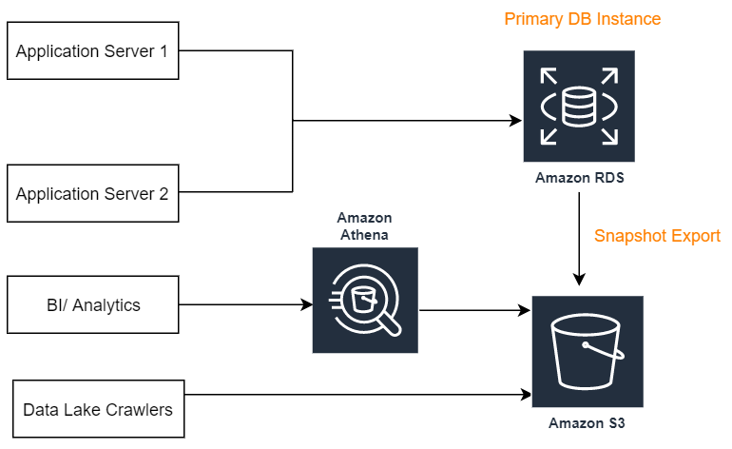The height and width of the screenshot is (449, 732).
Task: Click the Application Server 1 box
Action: (92, 51)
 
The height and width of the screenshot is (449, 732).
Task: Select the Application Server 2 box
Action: (92, 194)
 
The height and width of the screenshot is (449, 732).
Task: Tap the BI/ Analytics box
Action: (92, 305)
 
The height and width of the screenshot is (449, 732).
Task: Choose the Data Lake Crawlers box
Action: (98, 410)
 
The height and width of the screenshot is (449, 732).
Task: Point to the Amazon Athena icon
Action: (365, 301)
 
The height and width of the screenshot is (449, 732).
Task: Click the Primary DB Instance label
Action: (582, 19)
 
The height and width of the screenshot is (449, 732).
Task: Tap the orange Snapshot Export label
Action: (657, 236)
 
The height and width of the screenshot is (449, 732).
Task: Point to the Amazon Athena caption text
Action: (364, 226)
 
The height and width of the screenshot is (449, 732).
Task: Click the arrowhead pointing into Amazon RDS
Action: (517, 121)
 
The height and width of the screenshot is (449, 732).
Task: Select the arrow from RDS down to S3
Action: (579, 238)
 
